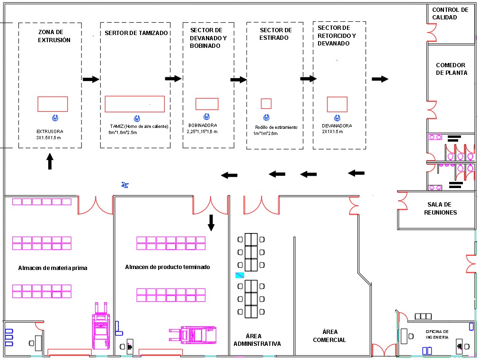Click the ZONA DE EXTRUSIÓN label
click(54, 36)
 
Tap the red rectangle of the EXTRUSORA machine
click(53, 104)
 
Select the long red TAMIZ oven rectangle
click(135, 104)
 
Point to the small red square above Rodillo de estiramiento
click(266, 104)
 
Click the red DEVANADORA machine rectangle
click(337, 104)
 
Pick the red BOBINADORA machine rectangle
click(207, 104)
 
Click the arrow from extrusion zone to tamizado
click(91, 79)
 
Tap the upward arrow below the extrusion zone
click(50, 161)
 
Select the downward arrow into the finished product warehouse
click(211, 223)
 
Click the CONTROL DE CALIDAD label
click(450, 13)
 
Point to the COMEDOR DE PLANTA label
click(451, 69)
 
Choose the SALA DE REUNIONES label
click(440, 208)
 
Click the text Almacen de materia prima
click(53, 268)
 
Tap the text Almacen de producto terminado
click(168, 267)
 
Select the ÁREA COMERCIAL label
click(329, 336)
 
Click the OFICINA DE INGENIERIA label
click(437, 334)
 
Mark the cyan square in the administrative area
click(240, 275)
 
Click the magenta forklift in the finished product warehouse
click(193, 335)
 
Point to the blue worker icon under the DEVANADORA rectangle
click(337, 118)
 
